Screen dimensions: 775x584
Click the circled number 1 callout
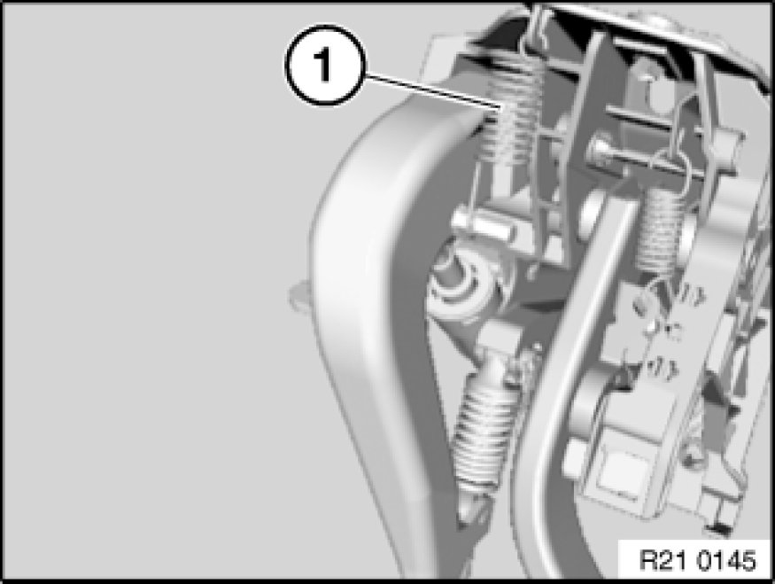point(324,65)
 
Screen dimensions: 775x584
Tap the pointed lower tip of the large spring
point(469,514)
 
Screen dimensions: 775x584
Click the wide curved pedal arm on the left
point(376,297)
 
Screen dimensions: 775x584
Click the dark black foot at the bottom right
point(721,528)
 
